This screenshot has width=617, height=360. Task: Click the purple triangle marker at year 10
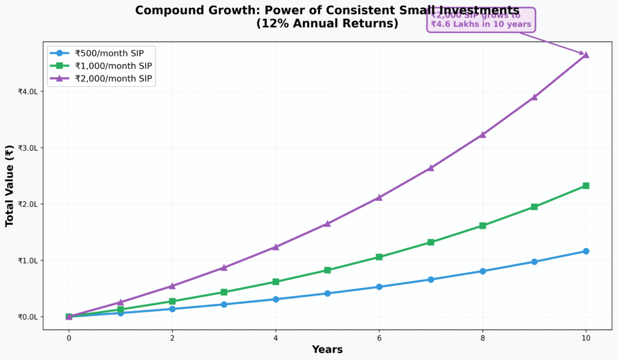[586, 54]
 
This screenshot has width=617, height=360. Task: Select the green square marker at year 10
[586, 186]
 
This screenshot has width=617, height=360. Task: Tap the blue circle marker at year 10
[586, 251]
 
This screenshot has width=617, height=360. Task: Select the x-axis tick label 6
[379, 338]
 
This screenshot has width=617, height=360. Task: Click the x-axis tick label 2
[172, 338]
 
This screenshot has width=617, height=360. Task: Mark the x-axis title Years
[327, 350]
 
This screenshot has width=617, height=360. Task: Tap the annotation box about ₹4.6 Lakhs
[481, 19]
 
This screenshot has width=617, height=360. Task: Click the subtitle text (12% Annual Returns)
[327, 24]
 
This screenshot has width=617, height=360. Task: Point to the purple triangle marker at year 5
[327, 224]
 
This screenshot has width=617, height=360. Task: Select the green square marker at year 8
[483, 226]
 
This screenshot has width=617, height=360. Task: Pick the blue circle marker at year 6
[379, 286]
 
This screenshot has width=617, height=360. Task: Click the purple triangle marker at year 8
[483, 134]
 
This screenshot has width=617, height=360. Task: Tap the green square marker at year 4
[275, 282]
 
